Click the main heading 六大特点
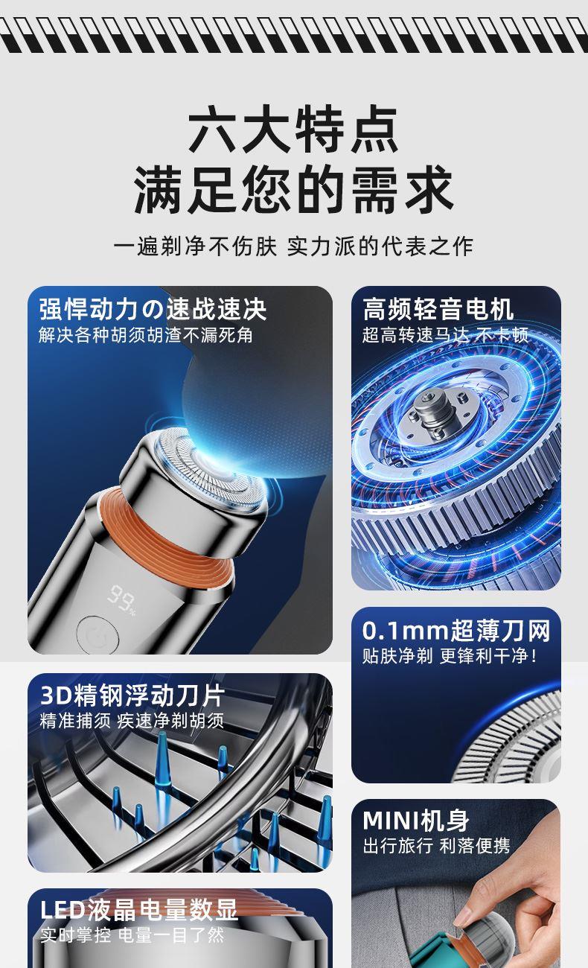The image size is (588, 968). click(x=294, y=130)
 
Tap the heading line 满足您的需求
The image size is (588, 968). click(x=294, y=189)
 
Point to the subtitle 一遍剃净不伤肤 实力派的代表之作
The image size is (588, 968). click(x=294, y=246)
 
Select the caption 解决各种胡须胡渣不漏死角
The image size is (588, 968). click(x=146, y=335)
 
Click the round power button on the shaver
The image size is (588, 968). click(x=98, y=635)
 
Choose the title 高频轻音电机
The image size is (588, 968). click(x=438, y=309)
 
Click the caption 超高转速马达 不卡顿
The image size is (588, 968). click(x=445, y=335)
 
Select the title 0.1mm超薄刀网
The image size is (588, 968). click(x=456, y=631)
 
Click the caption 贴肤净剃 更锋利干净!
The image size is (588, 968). click(x=450, y=656)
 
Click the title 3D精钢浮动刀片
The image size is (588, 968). click(x=132, y=695)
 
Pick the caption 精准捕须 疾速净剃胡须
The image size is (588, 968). click(x=132, y=721)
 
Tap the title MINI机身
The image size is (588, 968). click(x=415, y=821)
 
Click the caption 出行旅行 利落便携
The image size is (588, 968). click(x=436, y=846)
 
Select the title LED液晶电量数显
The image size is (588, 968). click(x=138, y=910)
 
